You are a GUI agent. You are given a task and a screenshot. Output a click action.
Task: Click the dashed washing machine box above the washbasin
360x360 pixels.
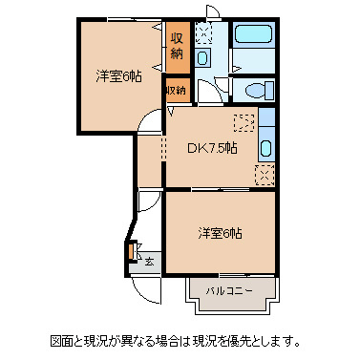pos(203,33)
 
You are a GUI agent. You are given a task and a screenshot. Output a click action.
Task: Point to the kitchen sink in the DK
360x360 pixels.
pos(266,150)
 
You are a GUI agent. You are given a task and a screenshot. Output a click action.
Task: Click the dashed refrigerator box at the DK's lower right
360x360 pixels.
pos(265,174)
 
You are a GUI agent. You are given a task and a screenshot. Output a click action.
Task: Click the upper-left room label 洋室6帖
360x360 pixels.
pos(117,75)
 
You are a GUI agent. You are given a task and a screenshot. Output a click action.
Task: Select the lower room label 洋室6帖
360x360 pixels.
pos(221,232)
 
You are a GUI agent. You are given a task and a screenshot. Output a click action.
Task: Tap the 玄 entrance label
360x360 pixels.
pos(149,258)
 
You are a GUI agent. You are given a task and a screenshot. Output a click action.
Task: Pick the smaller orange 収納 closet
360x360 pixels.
pos(177,90)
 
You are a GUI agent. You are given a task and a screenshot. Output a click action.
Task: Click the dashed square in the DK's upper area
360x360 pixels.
pos(244,123)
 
